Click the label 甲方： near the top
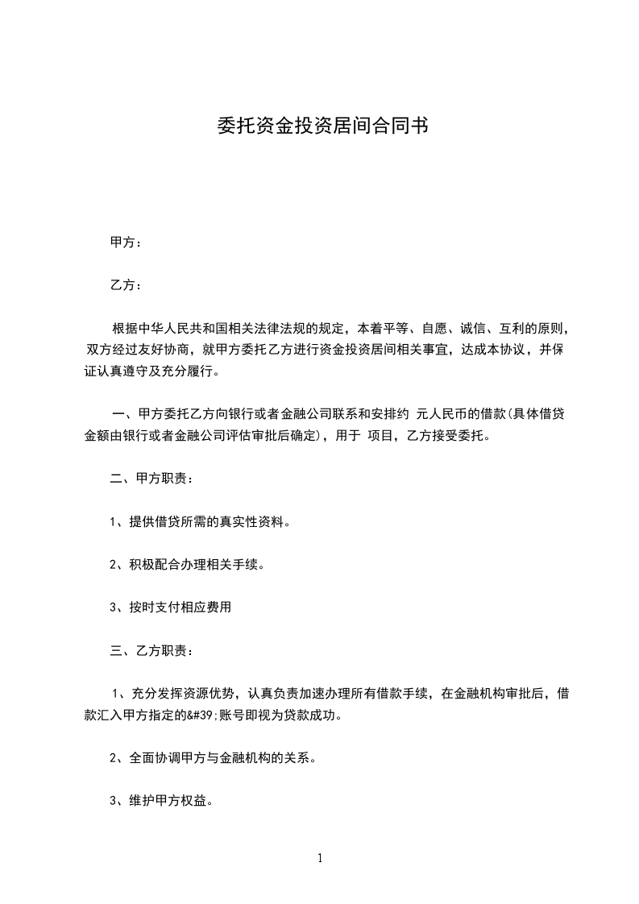point(126,243)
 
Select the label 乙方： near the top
point(126,285)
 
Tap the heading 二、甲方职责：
point(151,479)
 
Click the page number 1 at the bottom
point(320,858)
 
